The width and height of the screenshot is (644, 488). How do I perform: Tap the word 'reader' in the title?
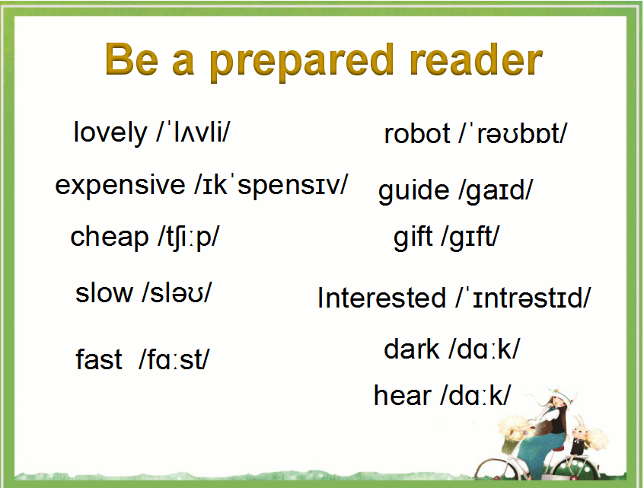476,60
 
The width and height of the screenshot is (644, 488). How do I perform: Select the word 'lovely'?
110,132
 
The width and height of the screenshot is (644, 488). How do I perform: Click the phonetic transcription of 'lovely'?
193,132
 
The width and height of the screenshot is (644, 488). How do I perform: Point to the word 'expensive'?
120,186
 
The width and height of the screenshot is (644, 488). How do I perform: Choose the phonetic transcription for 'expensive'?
272,185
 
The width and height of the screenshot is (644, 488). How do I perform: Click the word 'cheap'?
110,238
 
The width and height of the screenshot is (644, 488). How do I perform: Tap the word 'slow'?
104,293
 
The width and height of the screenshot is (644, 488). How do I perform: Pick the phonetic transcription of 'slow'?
177,293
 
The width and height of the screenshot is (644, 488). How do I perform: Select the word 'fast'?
99,359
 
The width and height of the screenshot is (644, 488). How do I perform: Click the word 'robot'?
417,134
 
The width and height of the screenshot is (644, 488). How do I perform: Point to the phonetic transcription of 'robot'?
513,133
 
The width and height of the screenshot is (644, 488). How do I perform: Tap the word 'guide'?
413,191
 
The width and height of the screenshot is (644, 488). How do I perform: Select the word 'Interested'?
381,298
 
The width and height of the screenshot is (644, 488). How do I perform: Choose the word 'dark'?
412,349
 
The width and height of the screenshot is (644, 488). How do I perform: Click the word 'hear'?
402,396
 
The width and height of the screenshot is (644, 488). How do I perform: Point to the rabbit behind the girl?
580,436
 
